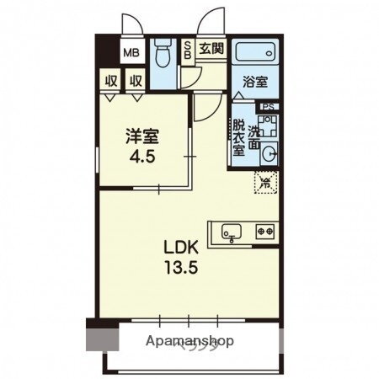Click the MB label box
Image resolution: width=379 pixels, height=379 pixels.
click(132, 53)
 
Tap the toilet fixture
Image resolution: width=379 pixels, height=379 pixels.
click(161, 52)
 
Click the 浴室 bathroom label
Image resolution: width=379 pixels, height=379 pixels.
click(256, 83)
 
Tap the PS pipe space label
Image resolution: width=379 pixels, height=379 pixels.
click(269, 107)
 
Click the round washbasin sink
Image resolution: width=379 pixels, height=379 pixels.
click(270, 152)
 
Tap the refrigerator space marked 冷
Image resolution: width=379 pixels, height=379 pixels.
click(264, 180)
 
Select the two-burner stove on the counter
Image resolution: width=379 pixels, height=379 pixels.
click(265, 229)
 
